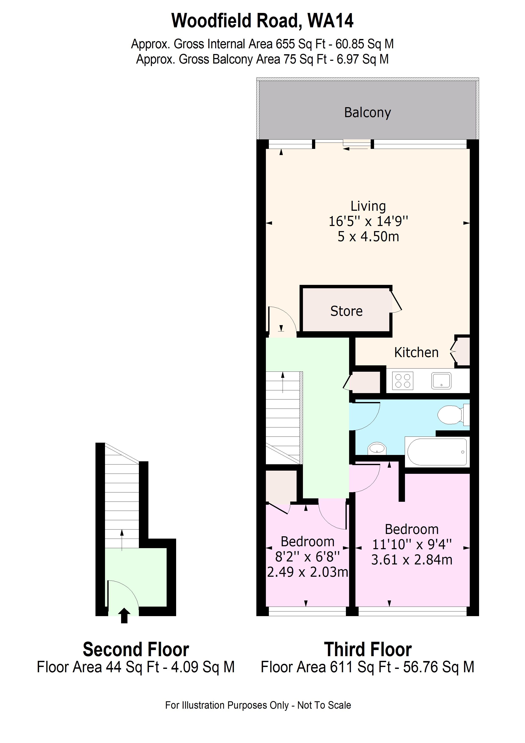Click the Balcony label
pyautogui.click(x=367, y=113)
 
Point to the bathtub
pyautogui.click(x=437, y=452)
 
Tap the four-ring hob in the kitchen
pyautogui.click(x=403, y=381)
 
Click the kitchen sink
pyautogui.click(x=441, y=381)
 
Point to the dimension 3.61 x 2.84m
pyautogui.click(x=412, y=560)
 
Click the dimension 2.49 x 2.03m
pyautogui.click(x=307, y=572)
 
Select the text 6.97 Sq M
pyautogui.click(x=363, y=59)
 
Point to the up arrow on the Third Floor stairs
pyautogui.click(x=283, y=382)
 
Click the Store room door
pyautogui.click(x=396, y=301)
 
